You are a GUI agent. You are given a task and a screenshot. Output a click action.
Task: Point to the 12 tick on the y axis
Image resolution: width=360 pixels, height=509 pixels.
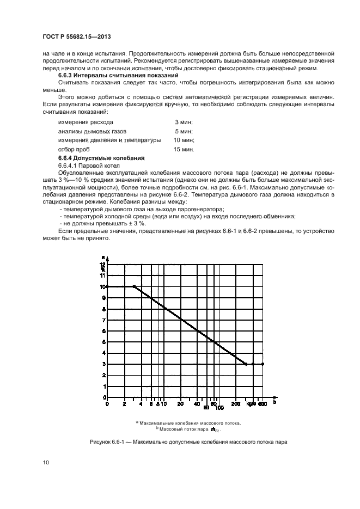[x=103, y=264]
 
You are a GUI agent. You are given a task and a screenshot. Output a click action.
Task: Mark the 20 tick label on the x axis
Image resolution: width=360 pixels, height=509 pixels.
[x=180, y=404]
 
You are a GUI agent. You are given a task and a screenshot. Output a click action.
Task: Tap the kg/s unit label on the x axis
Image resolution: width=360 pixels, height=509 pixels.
[x=250, y=404]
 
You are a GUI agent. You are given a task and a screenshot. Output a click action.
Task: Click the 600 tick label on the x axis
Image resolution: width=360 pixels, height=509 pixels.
[x=262, y=404]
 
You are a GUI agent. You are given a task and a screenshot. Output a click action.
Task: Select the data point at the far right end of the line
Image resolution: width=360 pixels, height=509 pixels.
[x=263, y=364]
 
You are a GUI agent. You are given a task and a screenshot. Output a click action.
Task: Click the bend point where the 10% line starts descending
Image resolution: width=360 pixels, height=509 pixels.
[x=134, y=286]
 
